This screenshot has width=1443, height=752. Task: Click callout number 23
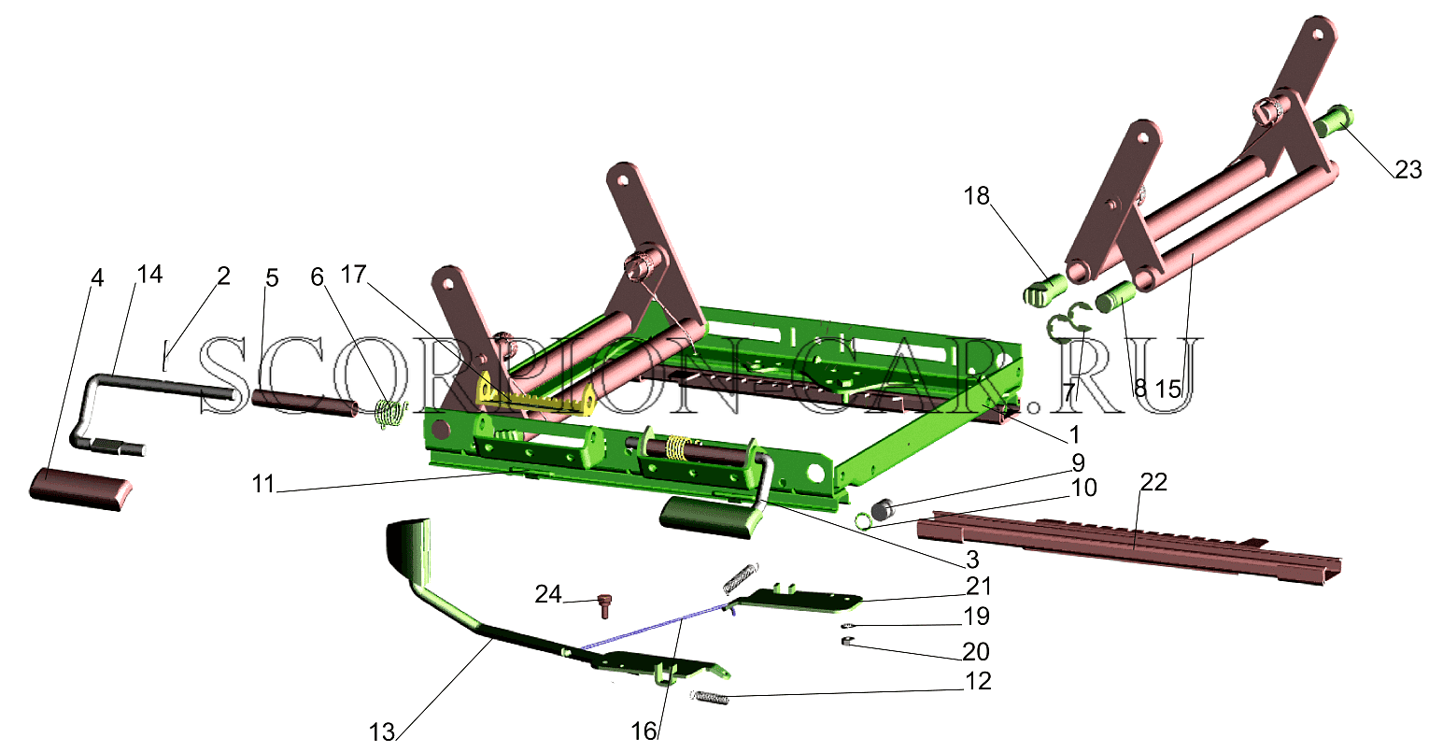click(1408, 169)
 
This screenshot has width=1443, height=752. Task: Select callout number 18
click(977, 196)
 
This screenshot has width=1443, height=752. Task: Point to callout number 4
click(96, 278)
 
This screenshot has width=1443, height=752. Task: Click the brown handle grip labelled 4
click(80, 490)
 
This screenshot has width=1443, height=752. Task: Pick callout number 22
click(1153, 482)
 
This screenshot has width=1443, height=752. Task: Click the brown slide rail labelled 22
click(1128, 547)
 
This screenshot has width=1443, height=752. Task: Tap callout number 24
click(548, 594)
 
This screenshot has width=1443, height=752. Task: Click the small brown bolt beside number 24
click(603, 605)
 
